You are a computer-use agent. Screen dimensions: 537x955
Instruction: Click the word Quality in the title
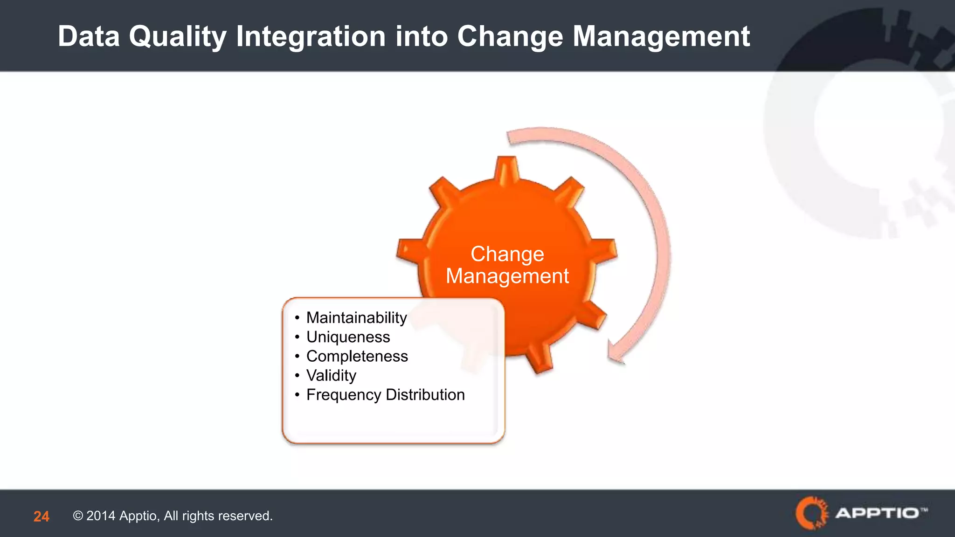177,36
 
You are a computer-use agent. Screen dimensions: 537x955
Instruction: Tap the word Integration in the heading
311,36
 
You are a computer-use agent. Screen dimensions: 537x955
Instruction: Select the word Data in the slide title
89,36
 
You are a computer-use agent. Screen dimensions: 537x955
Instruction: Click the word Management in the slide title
661,36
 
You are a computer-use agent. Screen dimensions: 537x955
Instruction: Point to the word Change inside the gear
507,254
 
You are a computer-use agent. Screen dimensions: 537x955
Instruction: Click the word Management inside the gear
507,276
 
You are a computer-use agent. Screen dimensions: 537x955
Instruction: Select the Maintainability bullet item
356,317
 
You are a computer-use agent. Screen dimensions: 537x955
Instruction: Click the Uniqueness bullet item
348,337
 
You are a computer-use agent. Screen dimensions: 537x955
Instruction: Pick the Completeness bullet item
357,356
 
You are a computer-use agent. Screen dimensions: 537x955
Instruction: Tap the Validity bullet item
331,375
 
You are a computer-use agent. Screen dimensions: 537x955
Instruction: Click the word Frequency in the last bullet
343,395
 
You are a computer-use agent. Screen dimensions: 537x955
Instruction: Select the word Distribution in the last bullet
425,395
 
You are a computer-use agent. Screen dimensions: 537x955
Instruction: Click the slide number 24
41,516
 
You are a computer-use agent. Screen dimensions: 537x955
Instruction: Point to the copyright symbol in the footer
78,516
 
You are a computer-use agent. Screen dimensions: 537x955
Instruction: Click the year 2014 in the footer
101,516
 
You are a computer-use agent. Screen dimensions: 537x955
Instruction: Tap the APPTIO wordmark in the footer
877,513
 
